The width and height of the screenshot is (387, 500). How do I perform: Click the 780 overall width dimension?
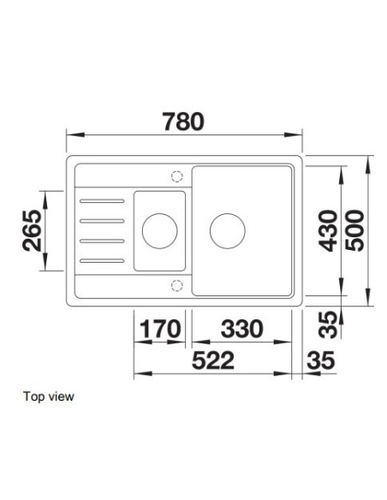coord(183,122)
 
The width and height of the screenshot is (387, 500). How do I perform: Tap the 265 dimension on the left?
coord(33,230)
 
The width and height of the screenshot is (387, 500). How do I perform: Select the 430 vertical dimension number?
coord(328,230)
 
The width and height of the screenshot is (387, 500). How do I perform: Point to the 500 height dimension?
coord(354,230)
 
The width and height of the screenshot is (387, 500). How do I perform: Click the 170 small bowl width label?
coord(160,329)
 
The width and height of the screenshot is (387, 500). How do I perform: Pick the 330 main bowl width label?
coord(242,329)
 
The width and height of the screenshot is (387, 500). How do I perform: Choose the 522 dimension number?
coord(213,360)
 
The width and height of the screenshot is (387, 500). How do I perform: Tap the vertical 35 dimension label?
coord(328,324)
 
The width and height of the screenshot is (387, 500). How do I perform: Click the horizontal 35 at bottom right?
coord(321,360)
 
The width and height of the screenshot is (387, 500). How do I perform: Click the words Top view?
coord(49,396)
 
